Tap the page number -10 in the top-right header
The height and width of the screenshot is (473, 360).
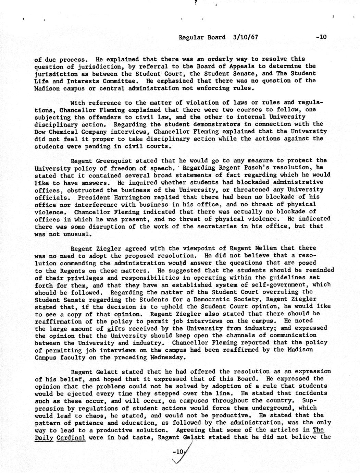[321, 37]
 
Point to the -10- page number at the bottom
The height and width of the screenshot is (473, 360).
[178, 452]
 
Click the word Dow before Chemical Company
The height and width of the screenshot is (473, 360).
[40, 131]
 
